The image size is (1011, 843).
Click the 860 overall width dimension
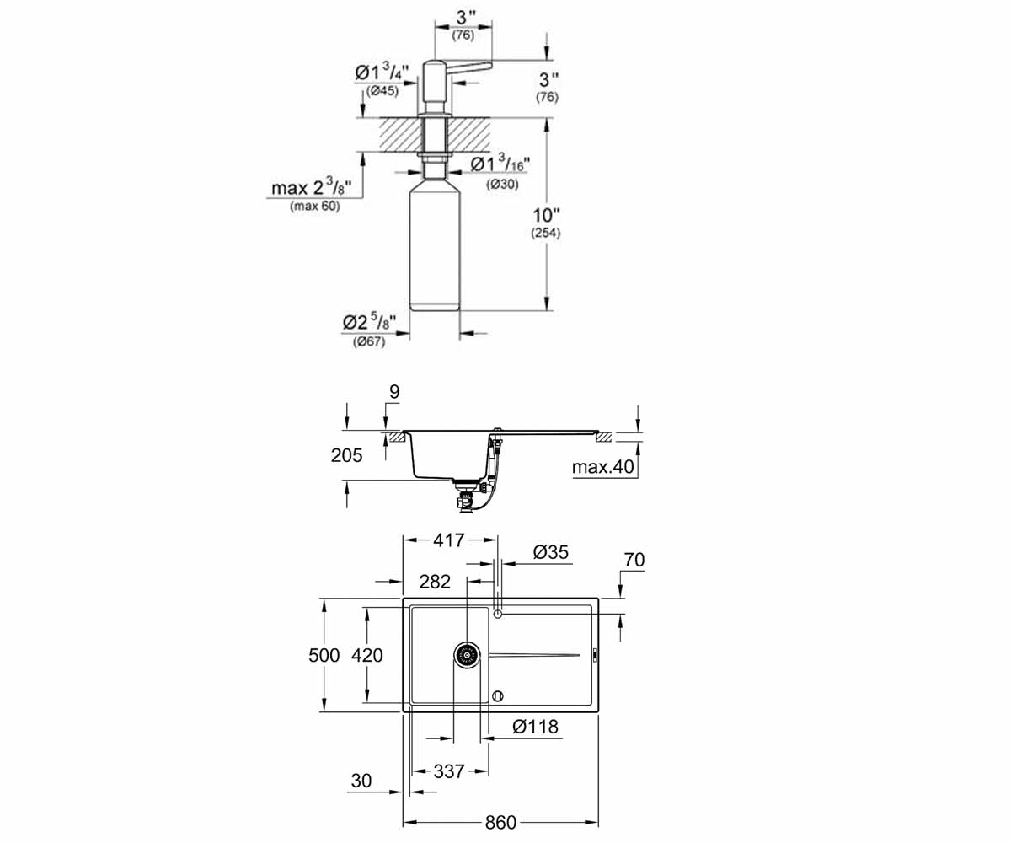coord(500,822)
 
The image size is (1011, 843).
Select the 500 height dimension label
coord(324,655)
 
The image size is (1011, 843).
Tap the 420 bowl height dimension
coord(367,655)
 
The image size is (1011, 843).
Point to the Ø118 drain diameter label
coord(535,726)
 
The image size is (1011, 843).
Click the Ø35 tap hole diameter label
coord(550,552)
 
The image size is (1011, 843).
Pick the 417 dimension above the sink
coord(449,540)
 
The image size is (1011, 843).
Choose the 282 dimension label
coord(435,582)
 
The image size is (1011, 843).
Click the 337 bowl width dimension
coord(449,771)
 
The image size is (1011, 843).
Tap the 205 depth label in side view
coord(346,455)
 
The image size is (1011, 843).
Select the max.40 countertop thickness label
coord(603,466)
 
